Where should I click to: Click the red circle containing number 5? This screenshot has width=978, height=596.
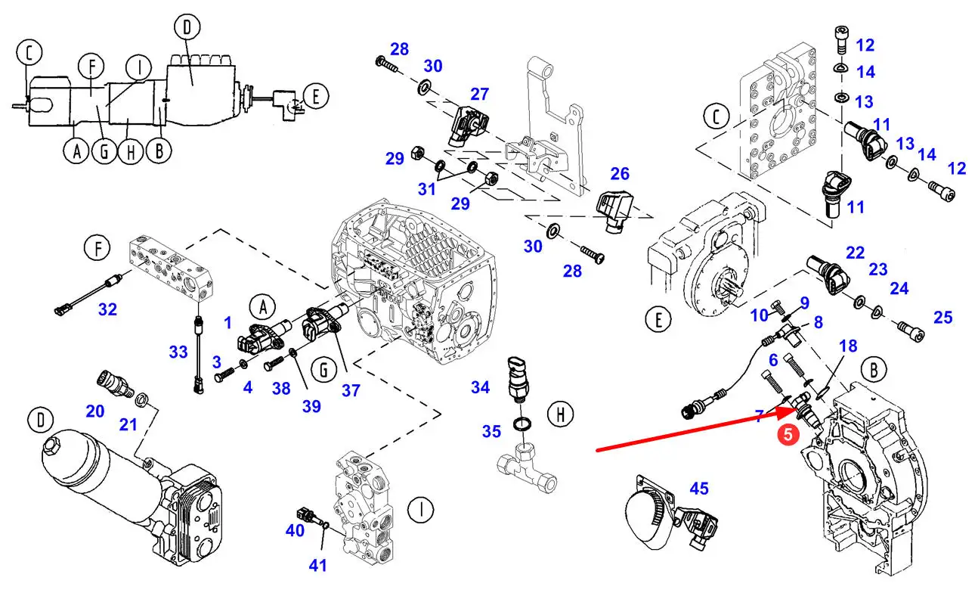click(788, 435)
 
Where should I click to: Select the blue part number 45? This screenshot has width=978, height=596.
click(699, 489)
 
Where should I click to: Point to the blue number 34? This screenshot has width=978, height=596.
click(480, 388)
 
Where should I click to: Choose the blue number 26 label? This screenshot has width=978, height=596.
click(620, 174)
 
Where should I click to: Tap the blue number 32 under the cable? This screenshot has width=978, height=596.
click(108, 309)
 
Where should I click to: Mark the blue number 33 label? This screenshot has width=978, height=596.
click(178, 352)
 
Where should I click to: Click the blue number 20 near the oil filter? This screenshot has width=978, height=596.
click(94, 411)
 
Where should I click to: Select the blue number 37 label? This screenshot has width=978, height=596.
click(350, 390)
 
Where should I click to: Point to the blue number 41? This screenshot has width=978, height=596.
click(318, 564)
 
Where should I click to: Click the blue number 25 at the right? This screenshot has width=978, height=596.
click(942, 317)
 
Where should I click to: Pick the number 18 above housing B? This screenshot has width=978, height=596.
click(848, 346)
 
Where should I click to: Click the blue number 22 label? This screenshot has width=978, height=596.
click(855, 252)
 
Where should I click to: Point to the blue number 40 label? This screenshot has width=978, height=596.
click(295, 531)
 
